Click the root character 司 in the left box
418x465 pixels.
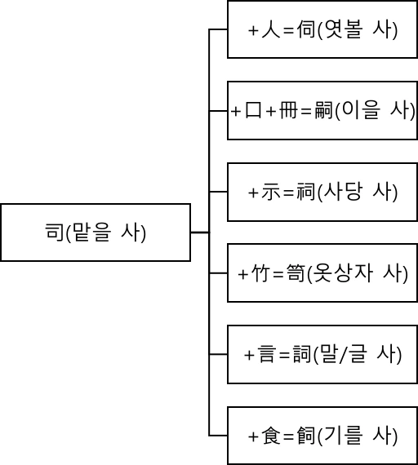click(53, 232)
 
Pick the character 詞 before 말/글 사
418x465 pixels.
click(302, 355)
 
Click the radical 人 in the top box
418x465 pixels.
click(267, 30)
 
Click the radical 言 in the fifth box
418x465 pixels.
click(267, 355)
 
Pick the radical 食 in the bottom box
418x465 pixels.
click(268, 436)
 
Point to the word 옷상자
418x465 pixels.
click(349, 273)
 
